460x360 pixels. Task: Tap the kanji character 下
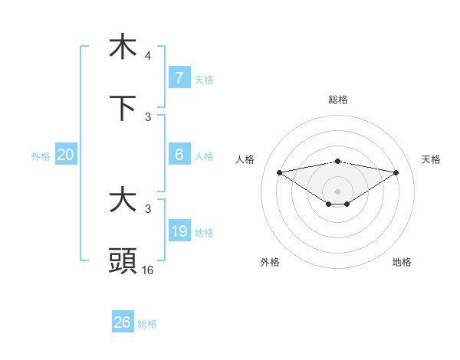(123, 108)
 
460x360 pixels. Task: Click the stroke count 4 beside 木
(148, 56)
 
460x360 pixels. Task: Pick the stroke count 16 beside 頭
(148, 270)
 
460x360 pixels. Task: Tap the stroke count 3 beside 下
(148, 116)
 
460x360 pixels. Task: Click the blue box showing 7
(179, 78)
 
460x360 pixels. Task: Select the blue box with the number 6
(179, 155)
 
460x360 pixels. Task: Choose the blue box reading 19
(179, 231)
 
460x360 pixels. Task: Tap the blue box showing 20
(66, 155)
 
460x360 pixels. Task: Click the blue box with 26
(123, 322)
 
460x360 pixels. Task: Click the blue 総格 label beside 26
(148, 324)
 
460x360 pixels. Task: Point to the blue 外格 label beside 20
(41, 156)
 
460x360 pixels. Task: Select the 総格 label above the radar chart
(338, 100)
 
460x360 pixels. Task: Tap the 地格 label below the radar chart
(402, 262)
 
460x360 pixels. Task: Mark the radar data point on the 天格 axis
(396, 172)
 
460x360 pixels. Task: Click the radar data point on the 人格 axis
(279, 172)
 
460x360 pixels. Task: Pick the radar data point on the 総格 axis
(338, 161)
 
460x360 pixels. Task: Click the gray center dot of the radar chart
(338, 191)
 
